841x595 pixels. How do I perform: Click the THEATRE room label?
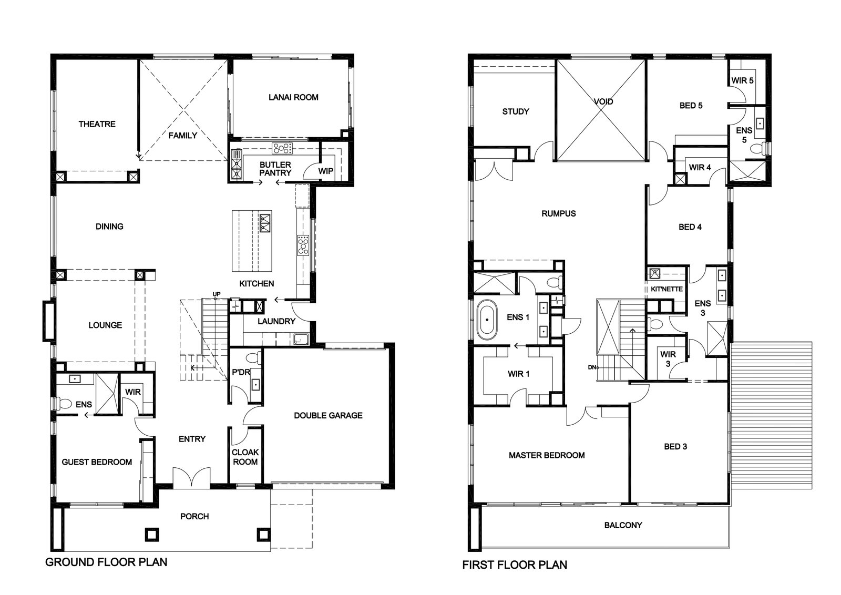97,124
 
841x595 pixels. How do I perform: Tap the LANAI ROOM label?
293,97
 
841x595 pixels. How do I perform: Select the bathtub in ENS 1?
487,320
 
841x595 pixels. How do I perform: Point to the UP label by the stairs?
217,294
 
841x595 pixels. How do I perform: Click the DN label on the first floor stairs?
592,367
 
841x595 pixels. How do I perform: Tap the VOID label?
603,101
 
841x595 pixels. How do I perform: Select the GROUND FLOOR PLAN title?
106,562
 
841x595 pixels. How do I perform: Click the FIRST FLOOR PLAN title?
515,565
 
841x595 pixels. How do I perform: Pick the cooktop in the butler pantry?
282,148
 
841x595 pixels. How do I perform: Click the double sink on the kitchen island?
265,223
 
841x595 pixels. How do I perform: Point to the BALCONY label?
623,525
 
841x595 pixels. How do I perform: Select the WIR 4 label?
700,168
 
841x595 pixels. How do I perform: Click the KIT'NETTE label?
667,289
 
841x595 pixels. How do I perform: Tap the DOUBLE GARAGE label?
328,416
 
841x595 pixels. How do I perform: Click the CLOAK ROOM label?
245,457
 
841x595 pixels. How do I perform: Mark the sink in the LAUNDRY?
301,340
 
